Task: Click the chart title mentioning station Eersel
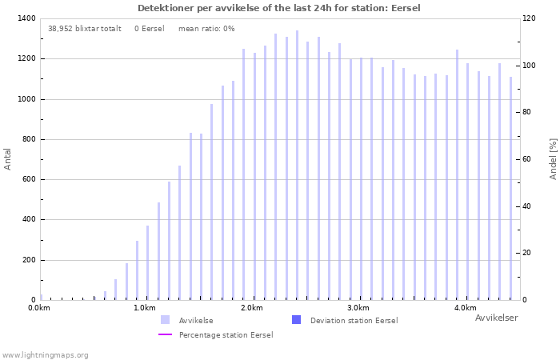[x=279, y=8]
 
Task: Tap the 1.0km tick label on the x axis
[x=145, y=308]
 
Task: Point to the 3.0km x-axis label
[x=358, y=308]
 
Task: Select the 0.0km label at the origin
[x=39, y=308]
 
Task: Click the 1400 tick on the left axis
[x=26, y=18]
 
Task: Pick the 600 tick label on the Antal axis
[x=29, y=179]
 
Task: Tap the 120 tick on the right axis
[x=529, y=18]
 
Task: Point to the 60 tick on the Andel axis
[x=526, y=159]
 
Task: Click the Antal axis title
[x=7, y=159]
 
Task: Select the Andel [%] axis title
[x=553, y=159]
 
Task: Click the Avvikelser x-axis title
[x=497, y=318]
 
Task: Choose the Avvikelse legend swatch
[x=165, y=320]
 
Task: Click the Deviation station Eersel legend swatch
[x=297, y=320]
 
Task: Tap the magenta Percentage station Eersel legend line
[x=165, y=334]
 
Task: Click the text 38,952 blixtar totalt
[x=85, y=29]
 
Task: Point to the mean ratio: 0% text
[x=206, y=29]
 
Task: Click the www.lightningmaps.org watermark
[x=45, y=355]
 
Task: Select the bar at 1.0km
[x=147, y=263]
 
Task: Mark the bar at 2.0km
[x=254, y=177]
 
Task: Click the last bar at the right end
[x=510, y=189]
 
